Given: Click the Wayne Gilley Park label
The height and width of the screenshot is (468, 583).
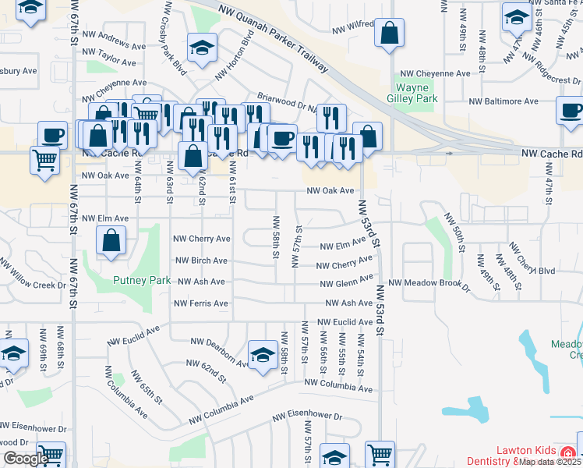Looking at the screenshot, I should point(412,93).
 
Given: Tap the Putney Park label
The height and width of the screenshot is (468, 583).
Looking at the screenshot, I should point(141,280).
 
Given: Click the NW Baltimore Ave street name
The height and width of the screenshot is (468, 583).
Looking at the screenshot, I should point(503,101).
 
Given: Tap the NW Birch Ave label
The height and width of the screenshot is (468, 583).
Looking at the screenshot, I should point(201,261).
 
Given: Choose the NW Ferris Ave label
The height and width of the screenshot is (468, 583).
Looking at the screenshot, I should point(201,303).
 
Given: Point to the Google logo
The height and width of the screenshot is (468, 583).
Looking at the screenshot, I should point(25,458).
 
